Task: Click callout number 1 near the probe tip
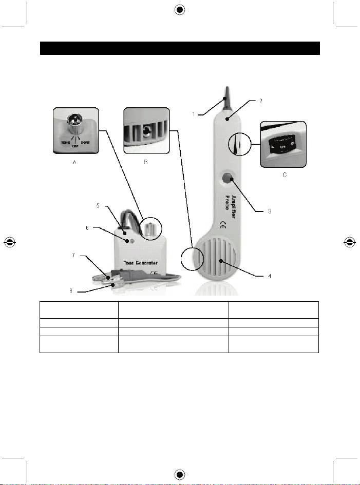coord(194,114)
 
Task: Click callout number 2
coord(260,101)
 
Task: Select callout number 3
coord(269,211)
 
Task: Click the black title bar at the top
coord(180,48)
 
